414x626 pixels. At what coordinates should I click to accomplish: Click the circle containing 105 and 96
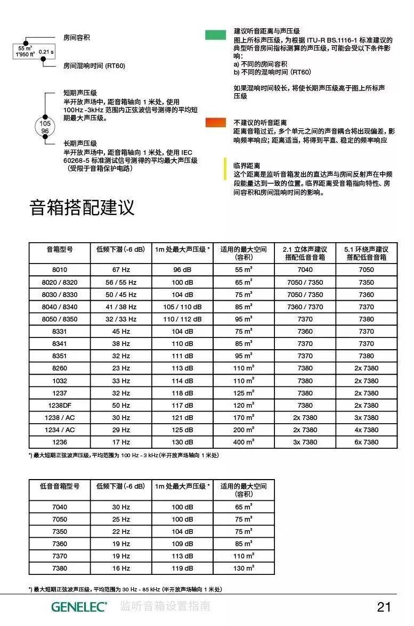(45, 127)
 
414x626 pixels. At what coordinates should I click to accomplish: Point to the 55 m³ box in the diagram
(25, 51)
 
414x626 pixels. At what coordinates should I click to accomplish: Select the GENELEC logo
(79, 607)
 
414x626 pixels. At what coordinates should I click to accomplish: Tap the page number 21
(384, 607)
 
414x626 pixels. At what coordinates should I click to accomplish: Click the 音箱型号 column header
(60, 249)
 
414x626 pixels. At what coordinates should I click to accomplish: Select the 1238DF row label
(60, 405)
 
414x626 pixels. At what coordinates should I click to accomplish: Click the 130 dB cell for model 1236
(183, 442)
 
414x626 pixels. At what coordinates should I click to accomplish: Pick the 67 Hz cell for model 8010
(121, 269)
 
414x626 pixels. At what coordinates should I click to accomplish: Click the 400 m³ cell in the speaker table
(244, 442)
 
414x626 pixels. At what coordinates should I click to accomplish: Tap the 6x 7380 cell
(367, 442)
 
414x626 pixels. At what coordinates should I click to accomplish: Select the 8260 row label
(60, 368)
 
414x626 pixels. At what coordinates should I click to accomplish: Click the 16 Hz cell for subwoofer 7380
(121, 568)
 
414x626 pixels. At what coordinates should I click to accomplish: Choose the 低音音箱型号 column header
(60, 486)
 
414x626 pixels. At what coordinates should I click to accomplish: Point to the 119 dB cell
(183, 568)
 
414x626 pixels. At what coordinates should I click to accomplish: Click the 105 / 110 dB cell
(183, 307)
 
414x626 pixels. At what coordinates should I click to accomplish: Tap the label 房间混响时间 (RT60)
(94, 66)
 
